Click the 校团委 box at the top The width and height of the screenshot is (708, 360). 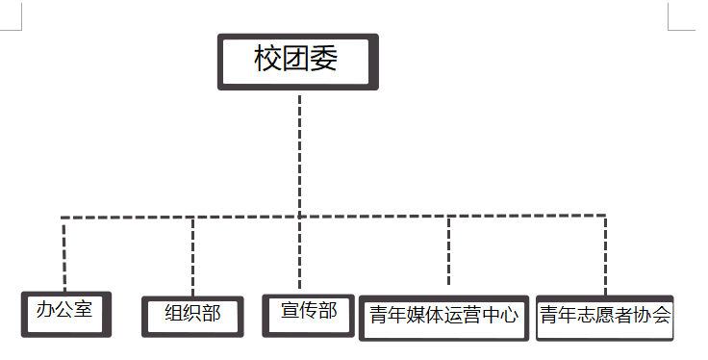pyautogui.click(x=297, y=62)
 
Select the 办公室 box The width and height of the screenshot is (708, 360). pyautogui.click(x=65, y=313)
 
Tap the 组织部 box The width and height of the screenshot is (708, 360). pyautogui.click(x=192, y=314)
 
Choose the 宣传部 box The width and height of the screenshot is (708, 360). pyautogui.click(x=308, y=313)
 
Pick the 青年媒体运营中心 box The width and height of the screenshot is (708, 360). pyautogui.click(x=443, y=316)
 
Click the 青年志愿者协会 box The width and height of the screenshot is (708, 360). pyautogui.click(x=604, y=316)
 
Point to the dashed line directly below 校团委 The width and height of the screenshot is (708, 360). pyautogui.click(x=300, y=154)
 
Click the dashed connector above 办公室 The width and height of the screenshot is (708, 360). pyautogui.click(x=63, y=255)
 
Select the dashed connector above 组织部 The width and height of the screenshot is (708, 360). pyautogui.click(x=192, y=255)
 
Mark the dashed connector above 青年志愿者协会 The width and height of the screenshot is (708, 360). pyautogui.click(x=606, y=255)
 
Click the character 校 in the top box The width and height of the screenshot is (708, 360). pyautogui.click(x=266, y=59)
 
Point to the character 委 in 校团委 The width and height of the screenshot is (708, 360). pyautogui.click(x=326, y=59)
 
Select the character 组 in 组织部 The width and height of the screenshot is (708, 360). pyautogui.click(x=174, y=313)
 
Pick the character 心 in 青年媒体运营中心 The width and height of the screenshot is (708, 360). pyautogui.click(x=510, y=315)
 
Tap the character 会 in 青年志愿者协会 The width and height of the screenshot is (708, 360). pyautogui.click(x=662, y=315)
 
